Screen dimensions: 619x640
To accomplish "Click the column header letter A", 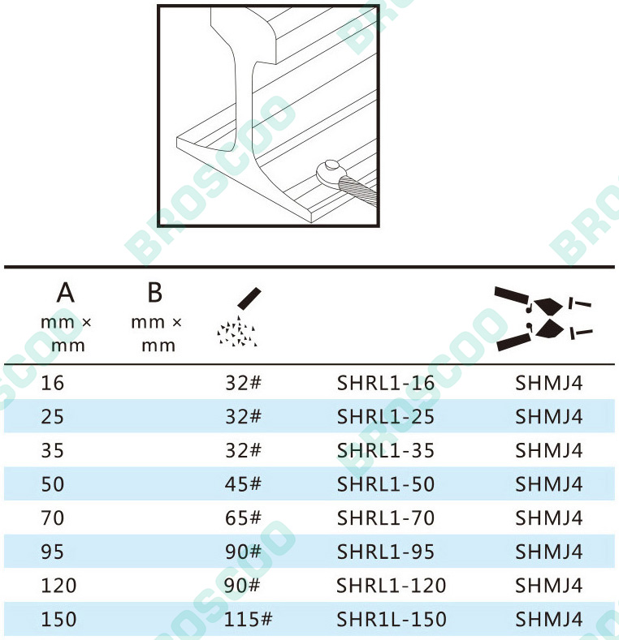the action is pyautogui.click(x=66, y=293).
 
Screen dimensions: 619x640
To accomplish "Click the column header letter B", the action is pyautogui.click(x=155, y=293).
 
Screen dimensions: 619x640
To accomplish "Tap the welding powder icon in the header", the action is pyautogui.click(x=239, y=317).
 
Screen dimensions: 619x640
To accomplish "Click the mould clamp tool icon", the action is pyautogui.click(x=543, y=318).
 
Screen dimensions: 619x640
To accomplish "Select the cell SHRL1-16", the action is pyautogui.click(x=386, y=383).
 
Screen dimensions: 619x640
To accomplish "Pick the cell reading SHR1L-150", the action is pyautogui.click(x=392, y=619).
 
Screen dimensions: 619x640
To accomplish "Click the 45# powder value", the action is pyautogui.click(x=243, y=484).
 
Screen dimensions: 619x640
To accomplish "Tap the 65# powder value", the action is pyautogui.click(x=243, y=518).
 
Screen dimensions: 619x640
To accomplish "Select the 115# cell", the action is pyautogui.click(x=248, y=619).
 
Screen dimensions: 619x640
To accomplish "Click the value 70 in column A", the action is pyautogui.click(x=52, y=518).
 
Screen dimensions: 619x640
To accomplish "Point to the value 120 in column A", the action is pyautogui.click(x=58, y=586).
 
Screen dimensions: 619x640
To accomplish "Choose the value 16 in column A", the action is pyautogui.click(x=52, y=383).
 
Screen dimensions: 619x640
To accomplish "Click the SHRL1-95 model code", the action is pyautogui.click(x=386, y=552).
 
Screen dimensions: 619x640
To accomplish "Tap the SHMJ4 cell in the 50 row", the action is pyautogui.click(x=548, y=484).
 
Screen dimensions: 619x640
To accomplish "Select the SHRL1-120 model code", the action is pyautogui.click(x=392, y=586).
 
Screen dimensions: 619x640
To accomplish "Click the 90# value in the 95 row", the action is pyautogui.click(x=243, y=552).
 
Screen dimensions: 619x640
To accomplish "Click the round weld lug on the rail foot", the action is pyautogui.click(x=329, y=173).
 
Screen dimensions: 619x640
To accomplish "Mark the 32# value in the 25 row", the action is pyautogui.click(x=243, y=417).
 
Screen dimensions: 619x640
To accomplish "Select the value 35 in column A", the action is pyautogui.click(x=52, y=451).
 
